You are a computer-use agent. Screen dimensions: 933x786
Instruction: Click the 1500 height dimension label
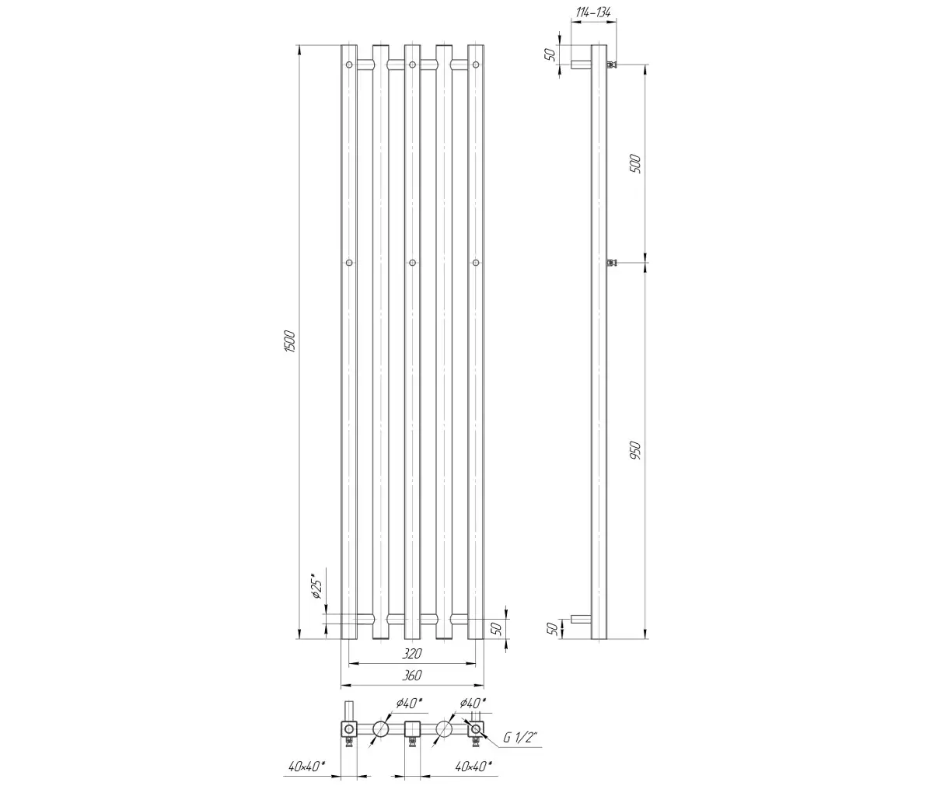(290, 341)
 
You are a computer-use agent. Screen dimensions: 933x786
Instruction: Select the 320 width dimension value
(411, 654)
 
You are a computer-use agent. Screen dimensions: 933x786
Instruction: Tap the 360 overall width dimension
(411, 675)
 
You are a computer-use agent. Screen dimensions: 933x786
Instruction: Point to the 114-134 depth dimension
(593, 12)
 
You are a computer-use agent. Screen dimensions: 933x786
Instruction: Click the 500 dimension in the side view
(635, 163)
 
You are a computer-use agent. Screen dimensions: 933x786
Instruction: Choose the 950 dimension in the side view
(635, 450)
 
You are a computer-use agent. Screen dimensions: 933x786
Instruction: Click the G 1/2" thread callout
(521, 737)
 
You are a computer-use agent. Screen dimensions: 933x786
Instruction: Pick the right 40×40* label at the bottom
(473, 767)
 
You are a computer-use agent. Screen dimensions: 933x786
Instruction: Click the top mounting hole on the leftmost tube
(349, 65)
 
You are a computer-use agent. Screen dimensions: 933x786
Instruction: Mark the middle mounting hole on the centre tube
(412, 263)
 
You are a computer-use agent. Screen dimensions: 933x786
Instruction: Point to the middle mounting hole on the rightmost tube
(476, 263)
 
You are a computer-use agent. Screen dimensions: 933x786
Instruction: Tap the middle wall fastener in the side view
(613, 263)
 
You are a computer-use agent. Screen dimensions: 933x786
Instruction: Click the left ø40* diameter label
(409, 703)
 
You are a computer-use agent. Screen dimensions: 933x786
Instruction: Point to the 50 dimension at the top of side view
(551, 54)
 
